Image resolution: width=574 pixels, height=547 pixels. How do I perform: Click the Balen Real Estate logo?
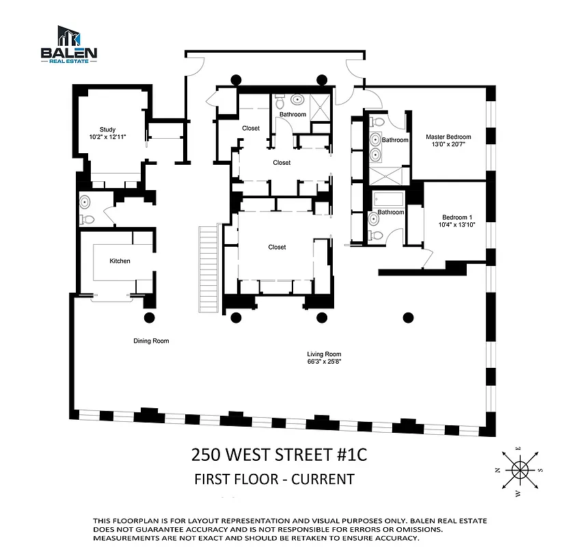69,44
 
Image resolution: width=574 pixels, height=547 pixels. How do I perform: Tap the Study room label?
107,129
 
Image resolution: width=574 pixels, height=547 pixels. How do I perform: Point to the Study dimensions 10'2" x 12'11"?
107,137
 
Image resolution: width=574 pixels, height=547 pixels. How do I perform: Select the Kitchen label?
120,261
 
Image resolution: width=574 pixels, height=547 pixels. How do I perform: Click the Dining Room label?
151,341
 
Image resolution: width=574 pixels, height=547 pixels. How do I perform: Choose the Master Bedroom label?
448,137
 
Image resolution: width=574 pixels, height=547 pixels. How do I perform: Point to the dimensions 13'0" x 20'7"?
448,144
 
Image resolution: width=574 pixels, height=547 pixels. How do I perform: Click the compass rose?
521,469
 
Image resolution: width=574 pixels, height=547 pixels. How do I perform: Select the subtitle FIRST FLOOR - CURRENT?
274,479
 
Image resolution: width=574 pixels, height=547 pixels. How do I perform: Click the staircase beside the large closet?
208,267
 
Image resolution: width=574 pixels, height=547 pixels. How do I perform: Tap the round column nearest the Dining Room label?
150,317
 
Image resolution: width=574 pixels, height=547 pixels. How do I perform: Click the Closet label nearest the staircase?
277,247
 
